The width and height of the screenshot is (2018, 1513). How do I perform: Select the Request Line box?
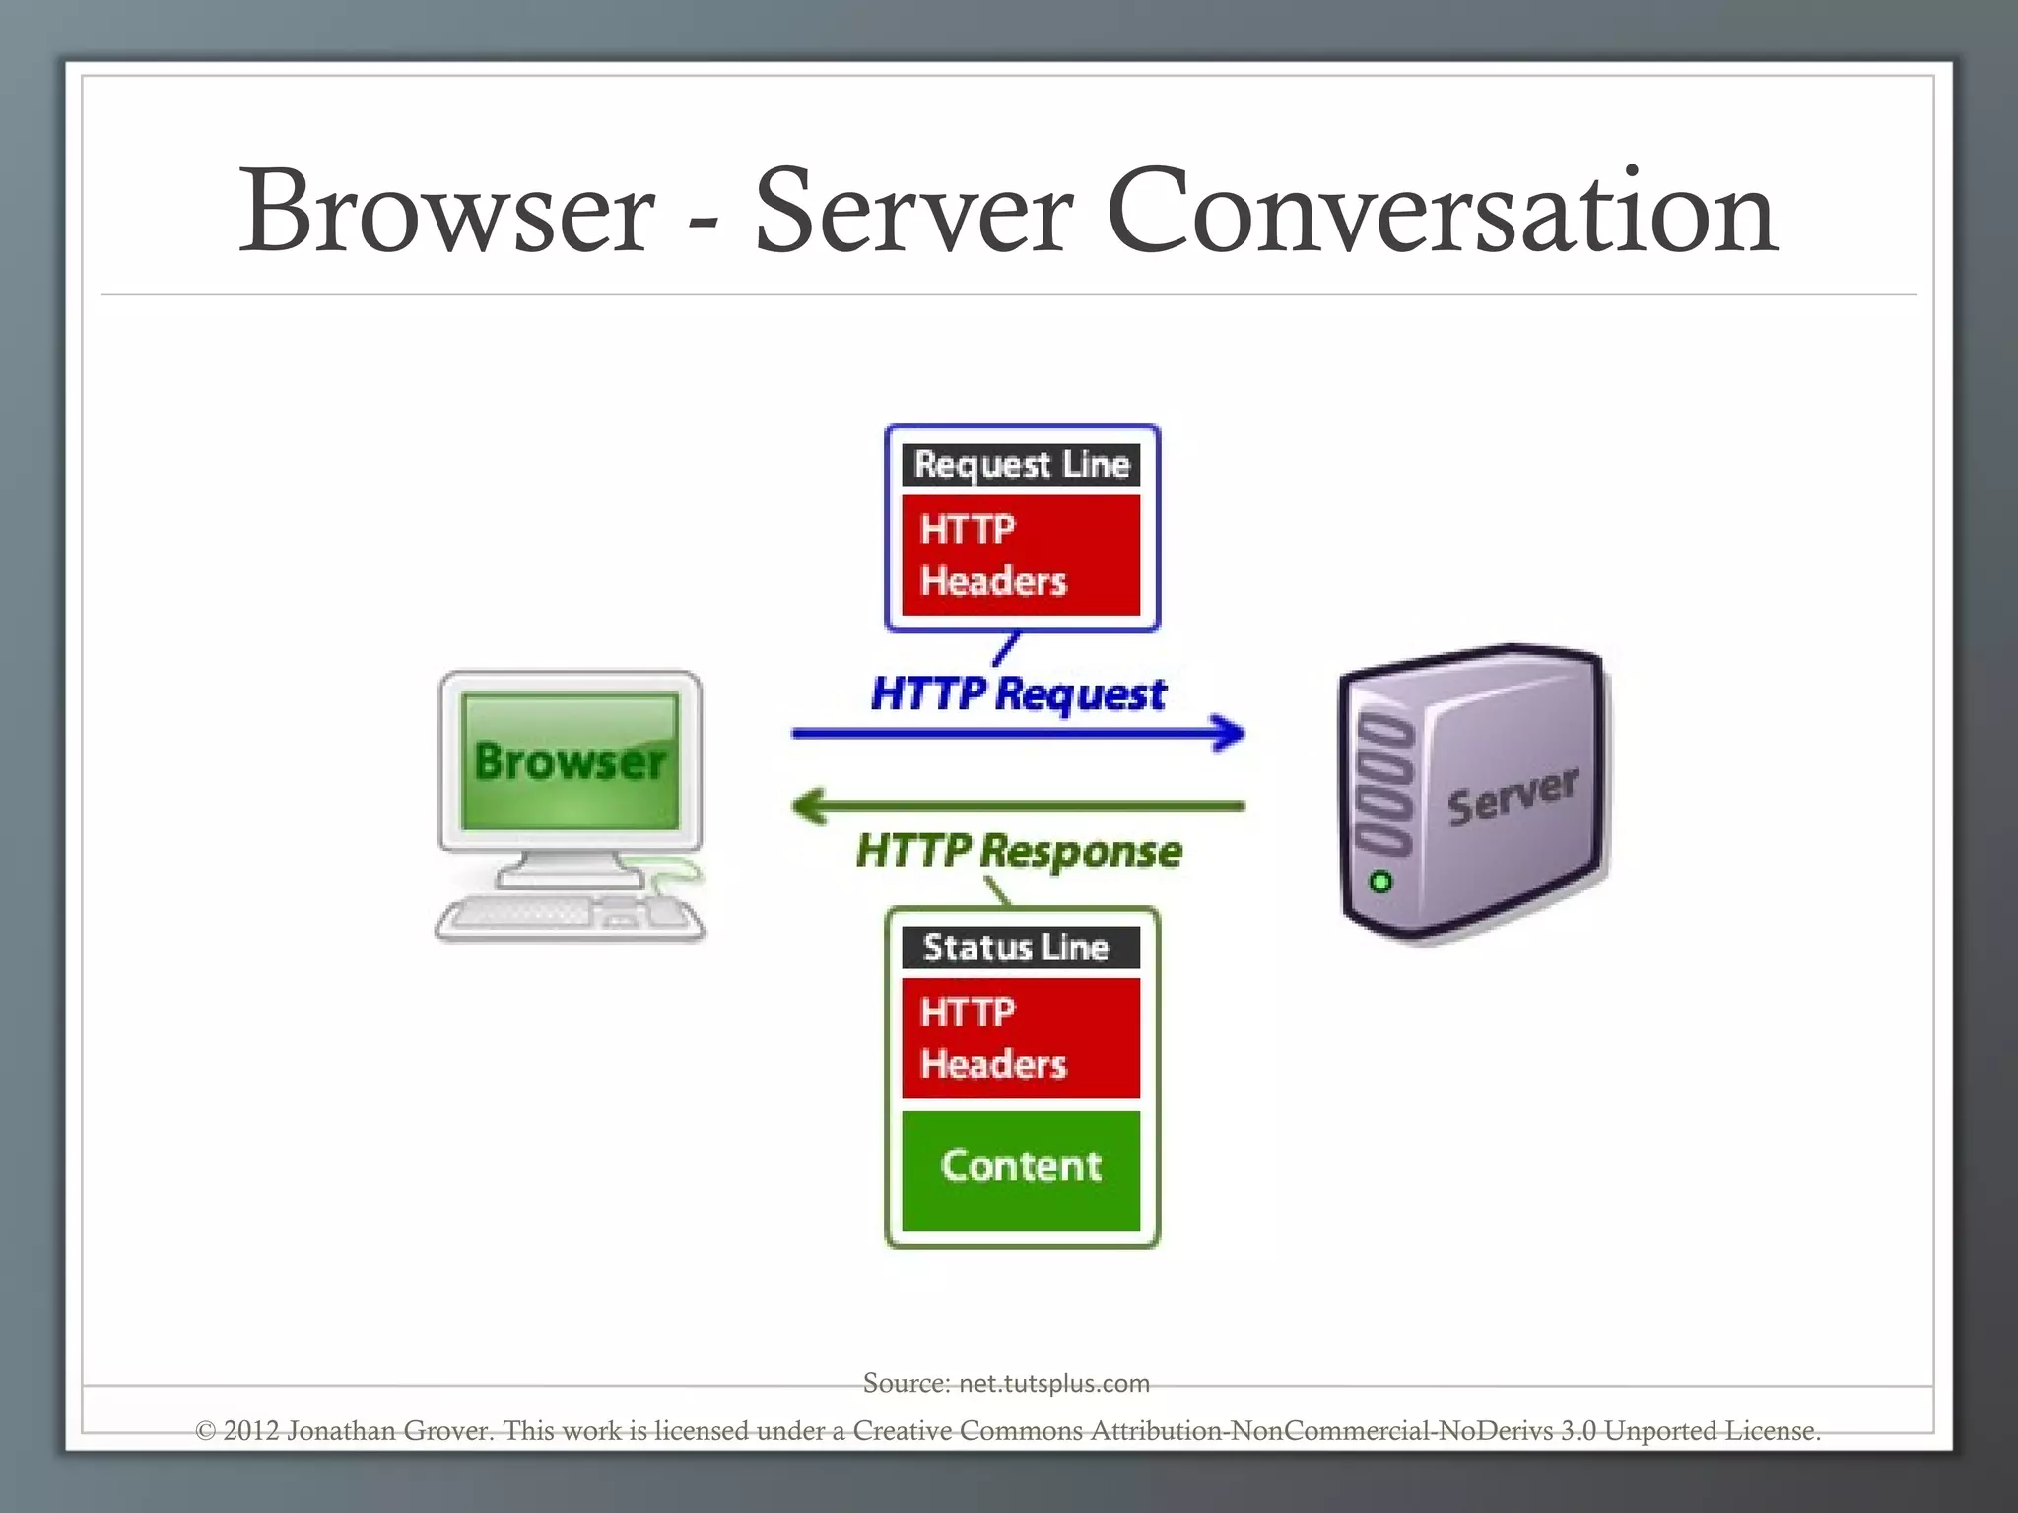coord(1021,464)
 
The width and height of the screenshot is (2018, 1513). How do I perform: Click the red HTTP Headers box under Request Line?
coord(1021,556)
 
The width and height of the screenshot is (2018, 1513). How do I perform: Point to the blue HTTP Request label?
coord(1018,693)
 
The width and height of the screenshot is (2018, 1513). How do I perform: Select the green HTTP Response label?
coord(1018,850)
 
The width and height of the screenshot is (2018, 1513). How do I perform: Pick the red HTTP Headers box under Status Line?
coord(1021,1038)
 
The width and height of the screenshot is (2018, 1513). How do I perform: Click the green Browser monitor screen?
coord(570,761)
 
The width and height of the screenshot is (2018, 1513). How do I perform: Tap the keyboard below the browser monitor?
coord(552,916)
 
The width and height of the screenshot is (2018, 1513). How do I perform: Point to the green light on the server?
coord(1380,882)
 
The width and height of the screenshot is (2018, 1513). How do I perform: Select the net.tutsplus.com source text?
coord(1053,1384)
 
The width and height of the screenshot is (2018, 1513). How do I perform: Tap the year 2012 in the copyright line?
coord(250,1430)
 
